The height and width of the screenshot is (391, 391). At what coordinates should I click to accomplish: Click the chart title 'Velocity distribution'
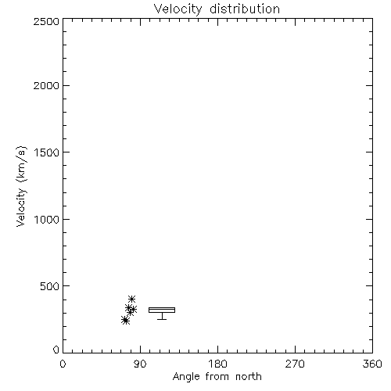point(217,9)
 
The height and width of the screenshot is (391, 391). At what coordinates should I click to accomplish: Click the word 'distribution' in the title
point(245,9)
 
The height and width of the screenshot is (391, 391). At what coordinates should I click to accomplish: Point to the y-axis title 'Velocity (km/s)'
point(21,186)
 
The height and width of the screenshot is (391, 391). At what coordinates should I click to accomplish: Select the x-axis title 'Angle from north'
point(217,377)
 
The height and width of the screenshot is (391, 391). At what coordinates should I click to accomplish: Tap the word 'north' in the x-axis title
point(249,376)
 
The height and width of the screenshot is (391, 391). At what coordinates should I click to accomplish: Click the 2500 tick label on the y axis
point(46,21)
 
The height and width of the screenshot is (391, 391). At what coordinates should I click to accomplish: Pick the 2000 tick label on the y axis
point(46,85)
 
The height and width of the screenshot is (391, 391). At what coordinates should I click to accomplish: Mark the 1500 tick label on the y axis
point(47,152)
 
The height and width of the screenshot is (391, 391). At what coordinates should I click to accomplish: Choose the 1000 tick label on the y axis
point(47,219)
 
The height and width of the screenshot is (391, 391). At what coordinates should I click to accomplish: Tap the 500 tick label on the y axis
point(50,286)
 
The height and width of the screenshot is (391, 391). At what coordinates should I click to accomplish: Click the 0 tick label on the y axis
point(56,350)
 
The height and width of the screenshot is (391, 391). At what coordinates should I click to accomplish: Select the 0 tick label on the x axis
point(63,364)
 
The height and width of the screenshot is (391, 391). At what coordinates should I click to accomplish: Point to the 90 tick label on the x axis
point(140,364)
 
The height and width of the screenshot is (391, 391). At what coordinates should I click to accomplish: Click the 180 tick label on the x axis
point(217,364)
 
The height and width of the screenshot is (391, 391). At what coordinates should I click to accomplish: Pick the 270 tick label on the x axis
point(295,364)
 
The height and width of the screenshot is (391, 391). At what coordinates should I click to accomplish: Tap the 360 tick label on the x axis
point(372,364)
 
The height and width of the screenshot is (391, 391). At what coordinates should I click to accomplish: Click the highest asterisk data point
point(131,299)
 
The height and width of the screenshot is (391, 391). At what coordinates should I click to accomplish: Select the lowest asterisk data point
point(125,320)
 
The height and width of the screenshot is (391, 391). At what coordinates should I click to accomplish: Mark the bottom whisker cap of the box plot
point(162,319)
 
